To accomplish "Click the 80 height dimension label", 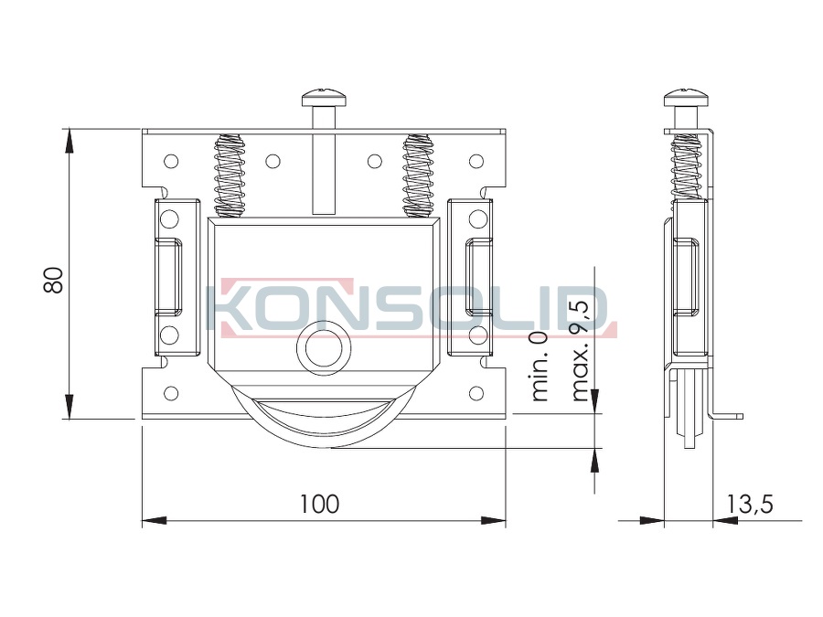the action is (x=54, y=280).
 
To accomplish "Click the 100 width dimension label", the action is (x=319, y=504).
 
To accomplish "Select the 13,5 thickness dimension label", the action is (x=750, y=504).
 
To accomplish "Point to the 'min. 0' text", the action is (x=540, y=367).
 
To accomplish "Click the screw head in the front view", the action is (x=324, y=98).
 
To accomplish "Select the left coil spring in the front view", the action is (x=230, y=176).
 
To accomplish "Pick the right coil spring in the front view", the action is (x=419, y=176).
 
